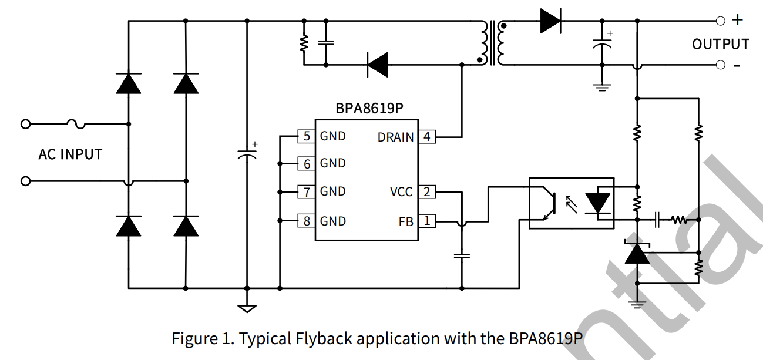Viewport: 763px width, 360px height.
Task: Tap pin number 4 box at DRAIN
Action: pos(427,137)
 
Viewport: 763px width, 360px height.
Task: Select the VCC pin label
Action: pos(401,192)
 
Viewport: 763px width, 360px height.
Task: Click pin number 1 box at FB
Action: pos(427,221)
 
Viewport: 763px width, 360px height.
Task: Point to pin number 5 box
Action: pos(307,136)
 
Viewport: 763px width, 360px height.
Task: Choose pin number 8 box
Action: pos(307,221)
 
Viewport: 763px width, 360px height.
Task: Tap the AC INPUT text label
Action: pos(70,154)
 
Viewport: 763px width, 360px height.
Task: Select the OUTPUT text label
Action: pos(720,45)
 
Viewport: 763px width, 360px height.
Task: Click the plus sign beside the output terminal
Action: pos(737,20)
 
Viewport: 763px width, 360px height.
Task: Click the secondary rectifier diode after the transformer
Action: pos(550,21)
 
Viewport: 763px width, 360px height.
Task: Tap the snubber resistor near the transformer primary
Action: pos(304,42)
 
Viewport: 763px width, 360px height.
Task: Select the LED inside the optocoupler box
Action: pos(599,203)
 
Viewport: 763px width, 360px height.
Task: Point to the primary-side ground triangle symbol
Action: pos(247,307)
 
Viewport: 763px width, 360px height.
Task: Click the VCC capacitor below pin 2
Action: pos(462,255)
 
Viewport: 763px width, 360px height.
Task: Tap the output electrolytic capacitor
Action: pos(601,45)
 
